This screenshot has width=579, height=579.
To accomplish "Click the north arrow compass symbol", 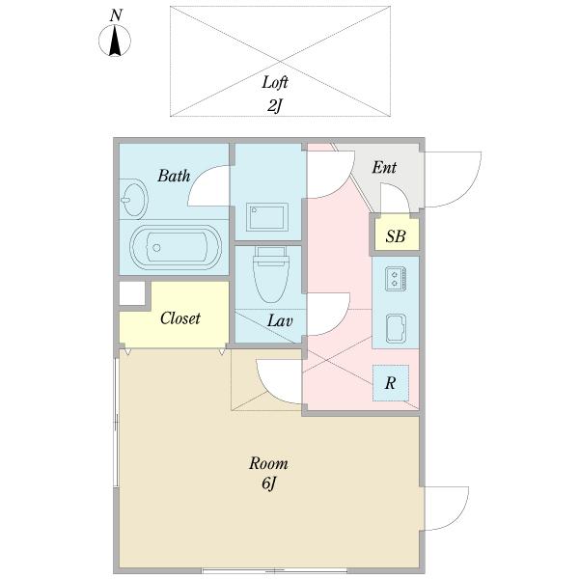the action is click(x=115, y=41).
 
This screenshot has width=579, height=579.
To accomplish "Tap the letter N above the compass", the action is click(x=116, y=15).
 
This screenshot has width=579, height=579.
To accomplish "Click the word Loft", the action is click(x=275, y=82).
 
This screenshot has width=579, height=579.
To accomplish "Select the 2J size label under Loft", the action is click(x=274, y=106).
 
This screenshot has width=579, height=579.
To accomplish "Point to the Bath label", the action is click(x=174, y=176).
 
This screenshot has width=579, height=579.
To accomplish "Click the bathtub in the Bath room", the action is click(x=176, y=247).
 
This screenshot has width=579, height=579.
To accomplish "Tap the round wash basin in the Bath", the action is click(x=134, y=200).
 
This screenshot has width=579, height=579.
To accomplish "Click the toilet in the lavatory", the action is click(x=270, y=274).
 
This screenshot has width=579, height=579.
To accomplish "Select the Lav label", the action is click(x=280, y=320).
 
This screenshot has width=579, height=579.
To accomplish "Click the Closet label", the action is click(x=180, y=317).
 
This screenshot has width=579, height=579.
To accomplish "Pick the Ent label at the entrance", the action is click(x=384, y=167).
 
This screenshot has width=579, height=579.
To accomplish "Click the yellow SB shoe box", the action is click(x=397, y=234).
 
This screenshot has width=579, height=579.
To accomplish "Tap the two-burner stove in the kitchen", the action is click(x=395, y=279).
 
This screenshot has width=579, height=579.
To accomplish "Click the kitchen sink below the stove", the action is click(x=396, y=329).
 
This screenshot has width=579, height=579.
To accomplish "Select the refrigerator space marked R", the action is click(x=391, y=383).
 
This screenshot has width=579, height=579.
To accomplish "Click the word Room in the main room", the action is click(x=268, y=463).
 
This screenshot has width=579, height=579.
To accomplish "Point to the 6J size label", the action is click(x=269, y=483).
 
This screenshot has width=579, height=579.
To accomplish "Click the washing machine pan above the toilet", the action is click(x=267, y=217).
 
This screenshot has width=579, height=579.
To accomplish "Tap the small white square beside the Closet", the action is click(x=132, y=293).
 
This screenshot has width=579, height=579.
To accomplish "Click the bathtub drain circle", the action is click(x=156, y=247).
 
